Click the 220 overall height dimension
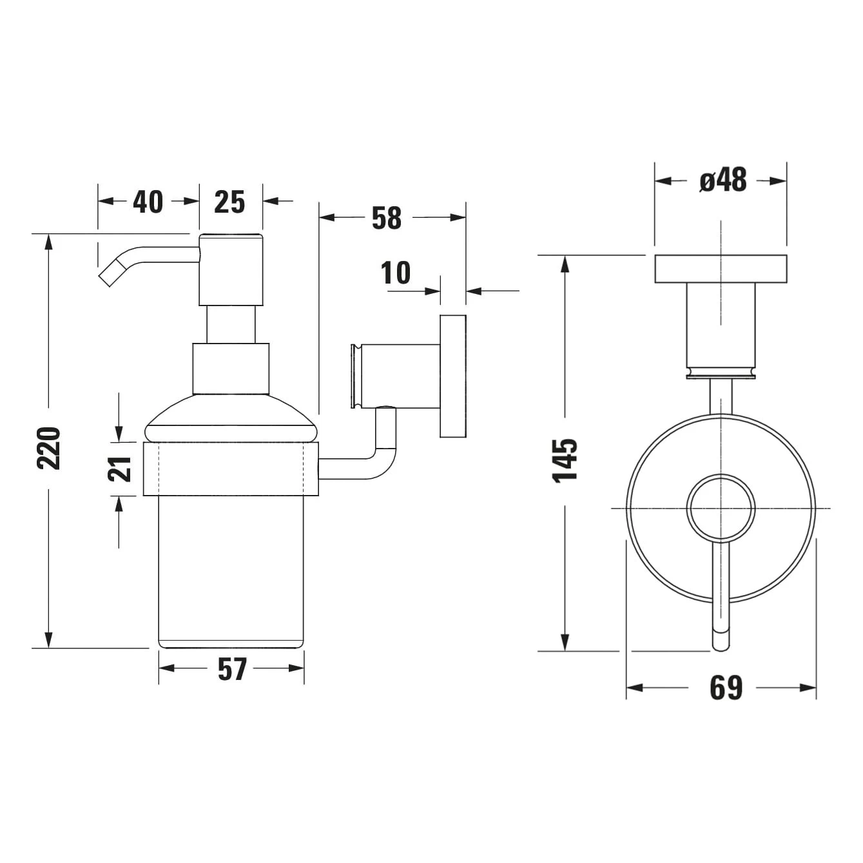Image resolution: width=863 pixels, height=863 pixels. tap(49, 447)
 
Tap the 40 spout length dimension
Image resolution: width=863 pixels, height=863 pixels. tap(148, 202)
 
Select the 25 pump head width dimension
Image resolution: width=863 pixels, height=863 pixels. tap(230, 202)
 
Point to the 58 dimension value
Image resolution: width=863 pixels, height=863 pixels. tap(387, 218)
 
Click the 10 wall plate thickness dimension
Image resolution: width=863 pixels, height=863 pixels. tap(396, 273)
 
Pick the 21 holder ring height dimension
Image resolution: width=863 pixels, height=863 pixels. tap(120, 469)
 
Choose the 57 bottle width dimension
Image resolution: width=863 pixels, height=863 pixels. tap(232, 669)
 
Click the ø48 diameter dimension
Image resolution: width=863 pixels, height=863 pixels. tap(722, 180)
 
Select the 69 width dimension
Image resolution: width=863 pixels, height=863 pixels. tap(726, 688)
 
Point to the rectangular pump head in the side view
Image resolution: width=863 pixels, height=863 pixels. tap(231, 270)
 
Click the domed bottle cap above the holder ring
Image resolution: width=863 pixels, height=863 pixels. tap(231, 420)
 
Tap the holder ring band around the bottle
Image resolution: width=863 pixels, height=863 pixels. tap(231, 469)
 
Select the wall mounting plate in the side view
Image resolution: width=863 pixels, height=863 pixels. tap(453, 376)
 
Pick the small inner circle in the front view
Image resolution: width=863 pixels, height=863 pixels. tap(721, 508)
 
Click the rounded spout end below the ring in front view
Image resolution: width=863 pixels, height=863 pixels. tap(721, 638)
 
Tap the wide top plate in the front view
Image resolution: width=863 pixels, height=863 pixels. tap(721, 269)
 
